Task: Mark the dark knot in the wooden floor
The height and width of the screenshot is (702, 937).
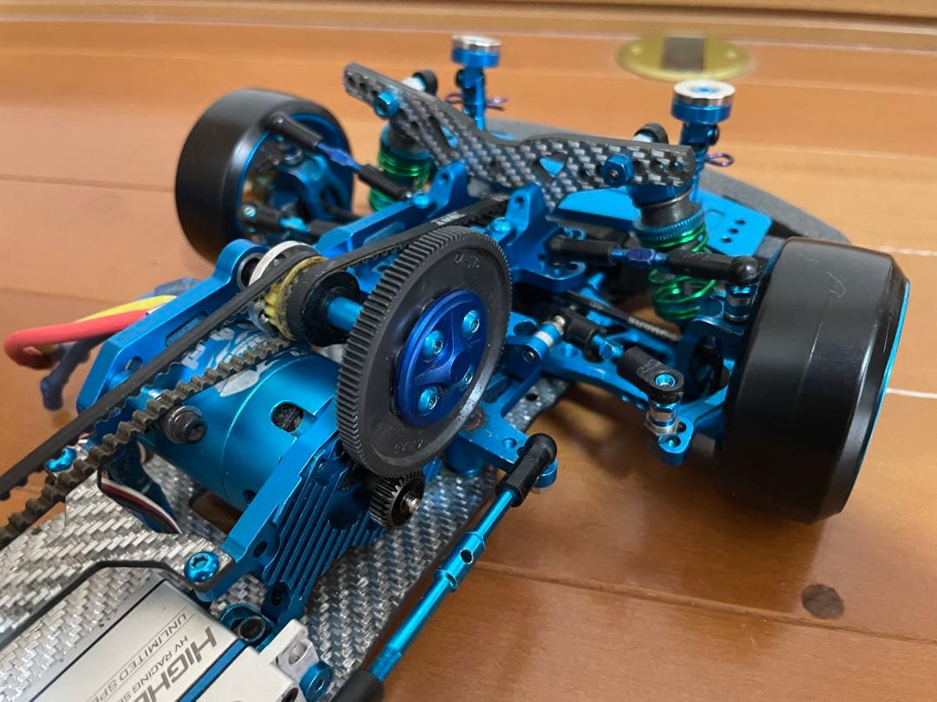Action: (x=822, y=600)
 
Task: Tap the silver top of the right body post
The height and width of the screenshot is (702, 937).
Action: (x=702, y=91)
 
